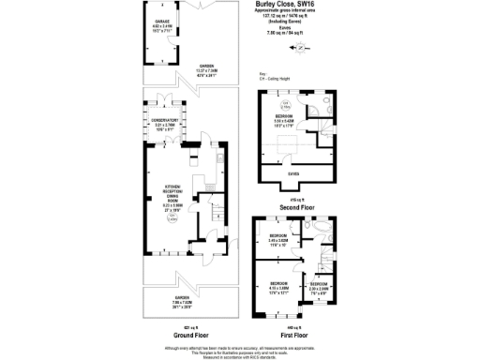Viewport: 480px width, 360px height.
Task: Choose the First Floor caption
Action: (x=296, y=334)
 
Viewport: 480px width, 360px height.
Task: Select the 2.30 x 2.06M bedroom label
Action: (x=321, y=287)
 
